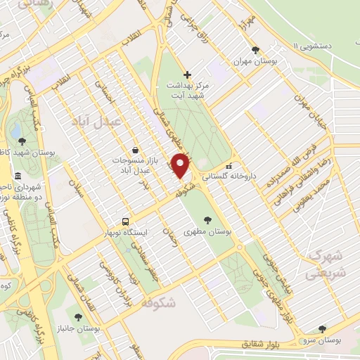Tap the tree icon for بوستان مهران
coord(255,49)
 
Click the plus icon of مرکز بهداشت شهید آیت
coord(187,75)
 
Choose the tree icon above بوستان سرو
coord(322,328)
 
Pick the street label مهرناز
coord(245,22)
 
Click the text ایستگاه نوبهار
coord(125,231)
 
